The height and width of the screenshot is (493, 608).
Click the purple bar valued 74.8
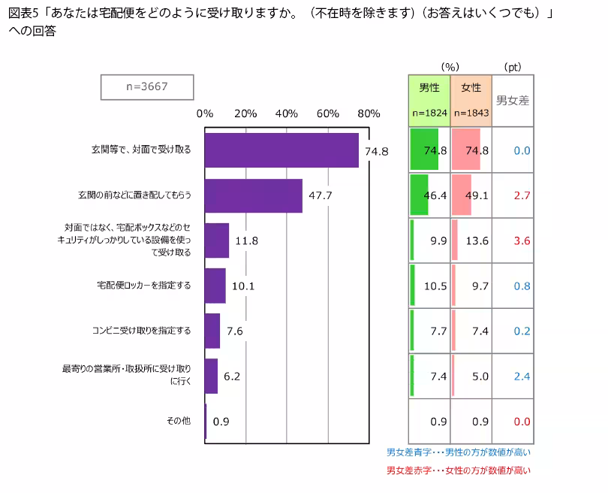click(x=281, y=150)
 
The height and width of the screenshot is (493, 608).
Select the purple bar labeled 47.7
click(x=253, y=195)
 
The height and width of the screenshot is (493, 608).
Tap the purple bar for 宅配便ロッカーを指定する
click(x=215, y=286)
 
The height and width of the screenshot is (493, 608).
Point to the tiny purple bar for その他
click(x=205, y=422)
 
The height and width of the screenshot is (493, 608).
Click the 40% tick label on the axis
click(x=287, y=113)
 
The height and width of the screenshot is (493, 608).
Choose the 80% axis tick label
click(x=369, y=113)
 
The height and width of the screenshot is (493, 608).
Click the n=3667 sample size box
click(x=147, y=86)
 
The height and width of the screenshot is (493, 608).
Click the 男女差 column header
click(x=513, y=100)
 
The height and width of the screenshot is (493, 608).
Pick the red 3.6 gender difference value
click(x=522, y=241)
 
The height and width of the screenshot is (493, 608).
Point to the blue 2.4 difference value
click(x=522, y=377)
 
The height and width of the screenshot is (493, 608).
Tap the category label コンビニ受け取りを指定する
click(x=141, y=331)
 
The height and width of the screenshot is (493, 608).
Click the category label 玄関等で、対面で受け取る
click(x=137, y=150)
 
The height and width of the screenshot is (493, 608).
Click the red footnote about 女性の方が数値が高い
click(x=458, y=470)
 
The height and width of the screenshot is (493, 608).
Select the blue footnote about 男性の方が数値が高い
click(x=458, y=452)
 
